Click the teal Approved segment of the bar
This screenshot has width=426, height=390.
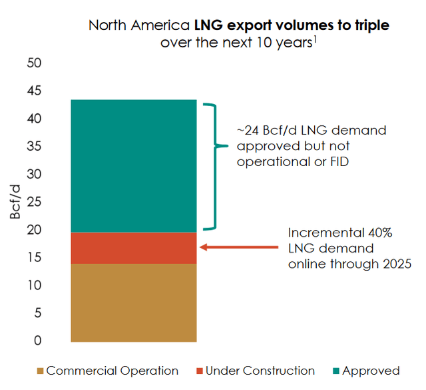[x=134, y=165]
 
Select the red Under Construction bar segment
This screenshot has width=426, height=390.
[x=134, y=248]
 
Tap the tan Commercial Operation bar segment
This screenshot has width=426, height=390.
[x=134, y=303]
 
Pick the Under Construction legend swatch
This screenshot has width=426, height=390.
[x=199, y=371]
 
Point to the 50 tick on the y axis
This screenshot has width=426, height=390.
[x=34, y=63]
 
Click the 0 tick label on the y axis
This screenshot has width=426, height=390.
[x=38, y=341]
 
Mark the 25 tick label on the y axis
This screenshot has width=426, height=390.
[x=34, y=202]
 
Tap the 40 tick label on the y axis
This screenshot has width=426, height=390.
[x=34, y=119]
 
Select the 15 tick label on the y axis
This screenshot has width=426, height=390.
[x=34, y=257]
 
